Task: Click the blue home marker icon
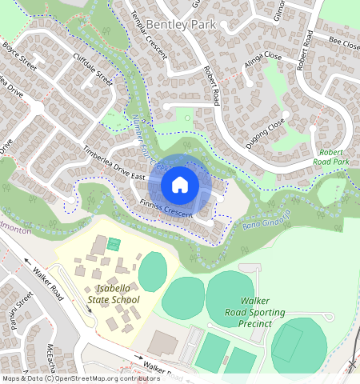click(180, 185)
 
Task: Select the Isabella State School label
click(117, 294)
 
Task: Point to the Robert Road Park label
click(334, 157)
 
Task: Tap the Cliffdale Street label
click(93, 68)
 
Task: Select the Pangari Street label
click(21, 308)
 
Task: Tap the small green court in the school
click(114, 243)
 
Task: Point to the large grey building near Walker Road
click(165, 343)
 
